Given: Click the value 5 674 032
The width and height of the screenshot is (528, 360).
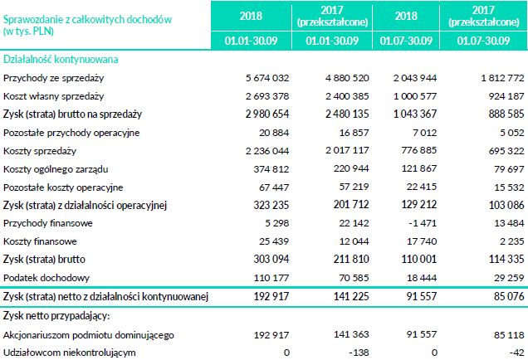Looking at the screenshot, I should tap(267, 78).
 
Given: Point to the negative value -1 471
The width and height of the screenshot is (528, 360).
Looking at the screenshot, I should tap(420, 223).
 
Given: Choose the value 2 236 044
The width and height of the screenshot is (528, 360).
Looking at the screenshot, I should tap(267, 151).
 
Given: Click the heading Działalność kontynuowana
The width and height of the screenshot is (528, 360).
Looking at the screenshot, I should tap(61, 60).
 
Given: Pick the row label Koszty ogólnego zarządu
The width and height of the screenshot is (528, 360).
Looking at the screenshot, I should tap(56, 169).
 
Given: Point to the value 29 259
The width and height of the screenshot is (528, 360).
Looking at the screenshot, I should tap(506, 277).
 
